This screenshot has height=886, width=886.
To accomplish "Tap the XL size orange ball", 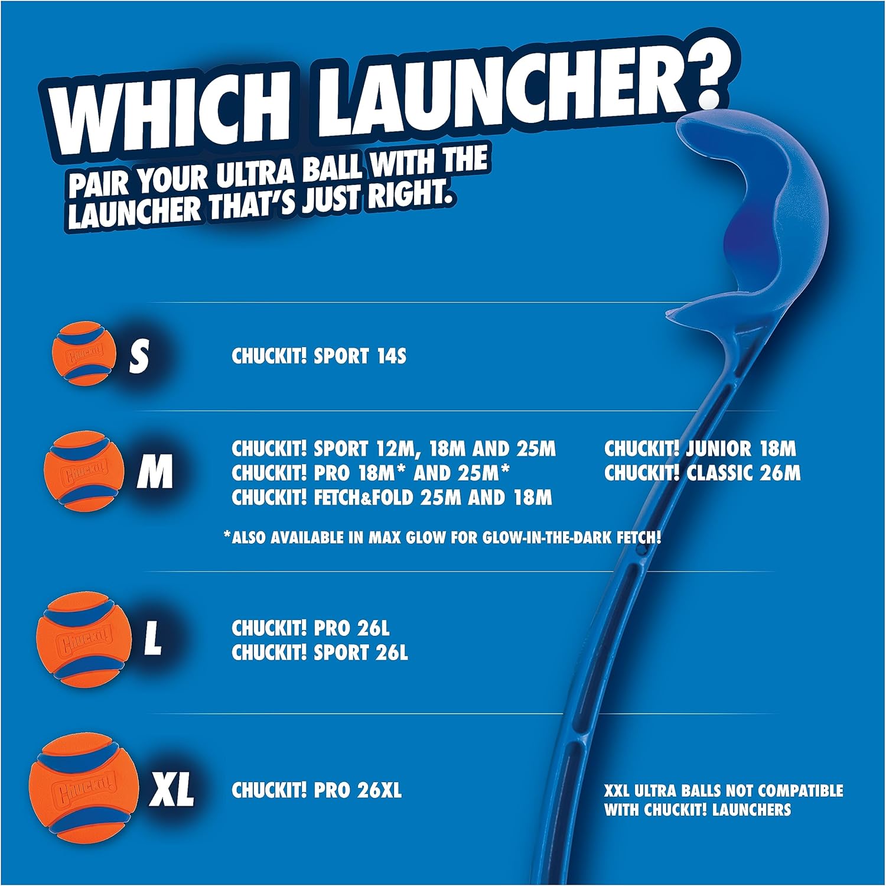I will [x=84, y=787].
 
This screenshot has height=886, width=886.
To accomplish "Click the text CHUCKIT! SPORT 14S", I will [x=319, y=356].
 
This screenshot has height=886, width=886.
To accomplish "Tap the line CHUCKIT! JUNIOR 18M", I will [x=700, y=449].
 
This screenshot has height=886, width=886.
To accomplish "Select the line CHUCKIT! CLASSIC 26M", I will [x=702, y=473].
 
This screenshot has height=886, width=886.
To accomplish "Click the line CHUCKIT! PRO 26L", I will [x=311, y=628].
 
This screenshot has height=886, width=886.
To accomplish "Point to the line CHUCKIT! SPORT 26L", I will [x=320, y=653].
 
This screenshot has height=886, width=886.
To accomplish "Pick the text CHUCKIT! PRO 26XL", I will [x=317, y=790].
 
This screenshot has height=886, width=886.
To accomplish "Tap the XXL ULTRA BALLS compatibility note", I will [x=723, y=800].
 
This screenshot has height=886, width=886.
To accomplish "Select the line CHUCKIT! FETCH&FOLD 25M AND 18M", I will [x=392, y=498].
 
